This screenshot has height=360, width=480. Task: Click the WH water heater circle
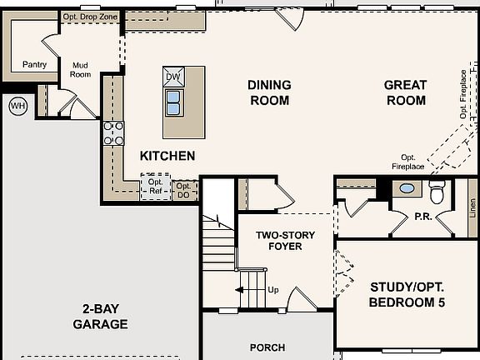coord(18,106)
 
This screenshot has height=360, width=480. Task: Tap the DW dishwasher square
coord(173,77)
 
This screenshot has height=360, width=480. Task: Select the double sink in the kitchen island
coord(174,102)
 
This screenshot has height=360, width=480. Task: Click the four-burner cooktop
coord(113,133)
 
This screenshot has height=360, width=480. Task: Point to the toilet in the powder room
coord(437,192)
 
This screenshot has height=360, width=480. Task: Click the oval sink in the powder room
coord(407,188)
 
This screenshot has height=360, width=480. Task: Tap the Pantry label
coord(35,65)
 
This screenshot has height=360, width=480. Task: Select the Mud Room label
coord(80,70)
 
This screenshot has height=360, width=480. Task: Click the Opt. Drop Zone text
coord(90,17)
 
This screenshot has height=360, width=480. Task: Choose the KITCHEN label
coord(167,156)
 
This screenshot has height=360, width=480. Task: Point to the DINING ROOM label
coord(269,92)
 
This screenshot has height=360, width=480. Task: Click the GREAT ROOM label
coord(406,92)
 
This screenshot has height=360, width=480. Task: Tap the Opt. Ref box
coord(156,187)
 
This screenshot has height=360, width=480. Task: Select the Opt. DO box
coord(185,190)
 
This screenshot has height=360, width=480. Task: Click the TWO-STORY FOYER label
coord(285,241)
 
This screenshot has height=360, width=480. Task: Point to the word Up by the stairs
coord(273,290)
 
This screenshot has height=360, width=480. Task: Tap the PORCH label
coord(267,347)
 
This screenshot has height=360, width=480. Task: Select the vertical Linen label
coord(473,207)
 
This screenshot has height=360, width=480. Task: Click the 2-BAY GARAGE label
coord(100,317)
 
